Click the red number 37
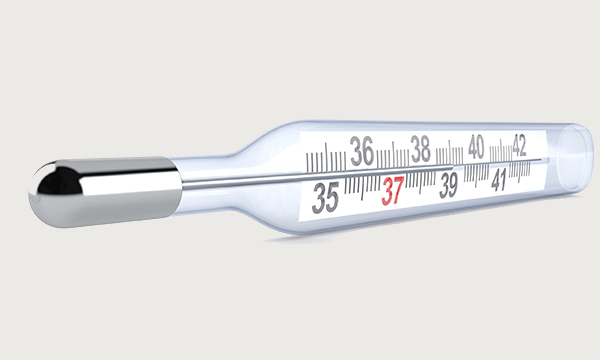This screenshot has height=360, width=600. click(x=391, y=191)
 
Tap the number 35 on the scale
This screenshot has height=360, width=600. click(x=325, y=197)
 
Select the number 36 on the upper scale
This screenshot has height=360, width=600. click(x=361, y=153)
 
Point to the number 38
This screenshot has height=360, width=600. click(x=420, y=150)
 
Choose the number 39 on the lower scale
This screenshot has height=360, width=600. click(x=449, y=185)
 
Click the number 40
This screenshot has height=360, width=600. click(x=475, y=147)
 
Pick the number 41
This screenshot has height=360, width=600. click(x=501, y=179)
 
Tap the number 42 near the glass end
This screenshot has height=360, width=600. click(x=519, y=144)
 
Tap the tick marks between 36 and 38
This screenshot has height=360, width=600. click(x=391, y=157)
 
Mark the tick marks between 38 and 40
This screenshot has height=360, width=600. click(x=448, y=153)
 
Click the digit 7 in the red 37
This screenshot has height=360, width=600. click(x=398, y=191)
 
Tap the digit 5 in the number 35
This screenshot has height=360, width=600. click(x=332, y=197)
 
